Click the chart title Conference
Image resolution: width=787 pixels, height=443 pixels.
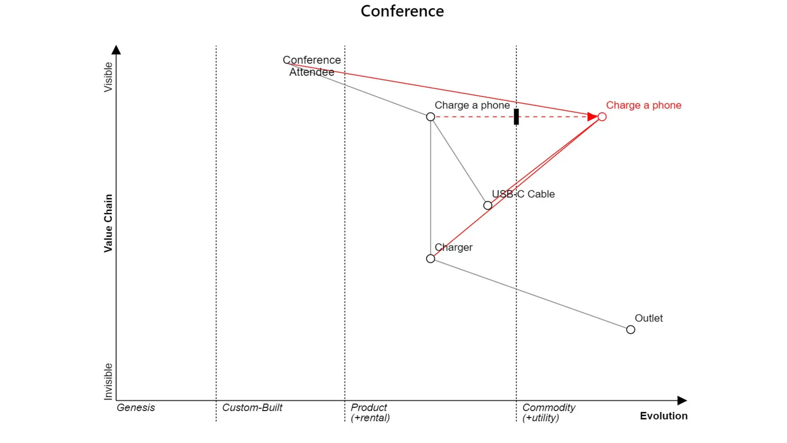(x=402, y=11)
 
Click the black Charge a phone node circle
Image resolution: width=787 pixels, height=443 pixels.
(x=430, y=117)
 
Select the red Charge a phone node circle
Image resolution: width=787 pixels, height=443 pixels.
(x=602, y=117)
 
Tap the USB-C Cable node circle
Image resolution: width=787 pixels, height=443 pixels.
(x=488, y=205)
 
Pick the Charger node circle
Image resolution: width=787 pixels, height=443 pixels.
(x=430, y=259)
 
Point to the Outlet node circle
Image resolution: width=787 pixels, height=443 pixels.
(x=631, y=330)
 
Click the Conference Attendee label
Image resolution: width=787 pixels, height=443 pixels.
(x=312, y=66)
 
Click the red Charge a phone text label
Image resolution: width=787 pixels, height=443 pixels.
(x=644, y=105)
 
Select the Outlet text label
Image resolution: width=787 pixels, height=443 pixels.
(x=649, y=318)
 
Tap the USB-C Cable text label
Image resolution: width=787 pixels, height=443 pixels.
(x=523, y=194)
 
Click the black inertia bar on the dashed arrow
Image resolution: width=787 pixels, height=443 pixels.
(x=516, y=117)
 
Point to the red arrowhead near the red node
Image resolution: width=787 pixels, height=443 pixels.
(x=592, y=117)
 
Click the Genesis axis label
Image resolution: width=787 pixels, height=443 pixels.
(x=136, y=408)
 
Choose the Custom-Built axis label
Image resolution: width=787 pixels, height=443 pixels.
(x=252, y=408)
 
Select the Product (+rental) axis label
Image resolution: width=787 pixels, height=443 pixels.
(x=370, y=413)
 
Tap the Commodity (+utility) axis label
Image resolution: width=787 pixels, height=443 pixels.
(x=548, y=413)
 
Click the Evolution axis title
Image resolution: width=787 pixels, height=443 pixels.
(x=664, y=416)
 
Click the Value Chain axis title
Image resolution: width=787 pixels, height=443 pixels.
(x=108, y=223)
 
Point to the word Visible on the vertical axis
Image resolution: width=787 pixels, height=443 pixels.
(x=108, y=77)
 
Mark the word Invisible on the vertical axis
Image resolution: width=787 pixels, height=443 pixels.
(x=108, y=381)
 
